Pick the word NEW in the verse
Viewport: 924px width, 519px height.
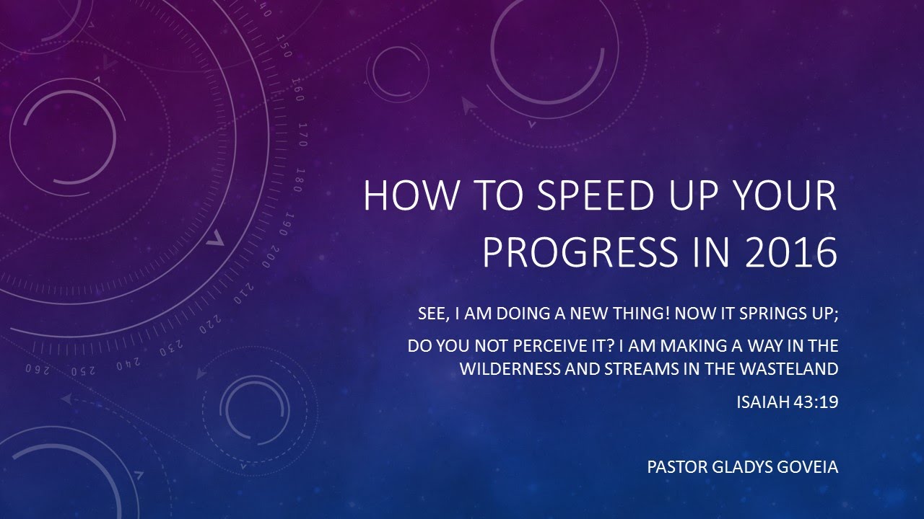612,314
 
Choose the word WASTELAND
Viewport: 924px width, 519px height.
787,369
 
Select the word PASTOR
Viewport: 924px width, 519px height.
676,467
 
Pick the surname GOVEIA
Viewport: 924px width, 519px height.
810,467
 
